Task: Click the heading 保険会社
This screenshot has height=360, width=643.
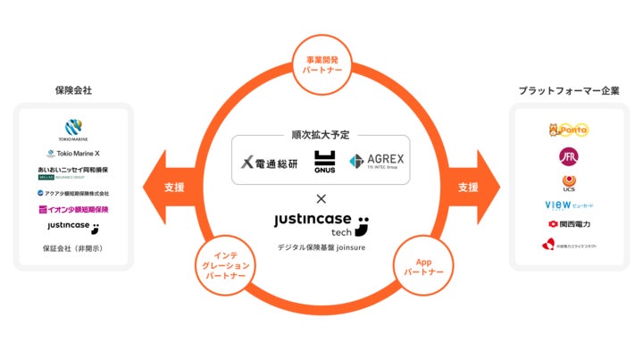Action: tap(73, 91)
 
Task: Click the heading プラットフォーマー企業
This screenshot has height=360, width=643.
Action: tap(569, 91)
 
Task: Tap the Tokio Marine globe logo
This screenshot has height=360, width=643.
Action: tap(73, 129)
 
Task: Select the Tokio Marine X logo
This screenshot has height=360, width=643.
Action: tap(73, 153)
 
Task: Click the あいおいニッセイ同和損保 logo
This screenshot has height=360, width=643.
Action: tap(73, 172)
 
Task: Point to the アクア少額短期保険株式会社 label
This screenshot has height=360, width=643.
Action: tap(73, 193)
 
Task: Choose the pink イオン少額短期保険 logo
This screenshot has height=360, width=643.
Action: tap(73, 210)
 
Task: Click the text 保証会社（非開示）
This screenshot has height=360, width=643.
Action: tap(73, 248)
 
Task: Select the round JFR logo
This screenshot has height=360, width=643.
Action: tap(569, 158)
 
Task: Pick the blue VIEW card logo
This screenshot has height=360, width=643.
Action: tap(569, 205)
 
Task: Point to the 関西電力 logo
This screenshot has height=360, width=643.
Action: tap(569, 224)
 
